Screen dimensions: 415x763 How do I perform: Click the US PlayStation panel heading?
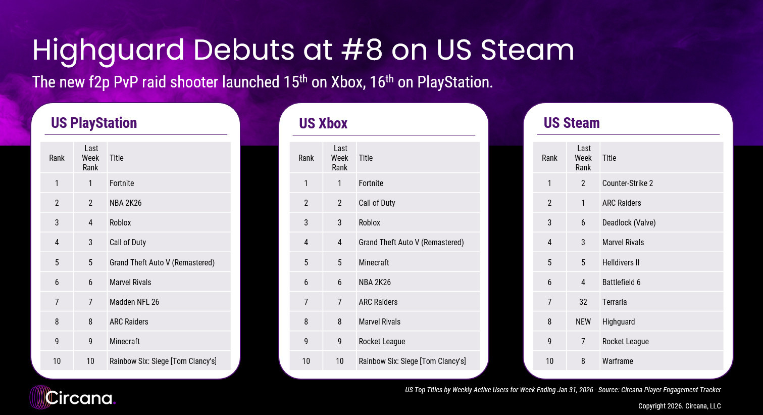94,123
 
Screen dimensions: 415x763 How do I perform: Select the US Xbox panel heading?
323,123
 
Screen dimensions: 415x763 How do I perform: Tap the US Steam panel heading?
572,123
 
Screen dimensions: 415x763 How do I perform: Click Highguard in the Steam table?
619,321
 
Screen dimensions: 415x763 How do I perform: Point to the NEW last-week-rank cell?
583,321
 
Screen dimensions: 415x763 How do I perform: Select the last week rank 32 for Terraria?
583,302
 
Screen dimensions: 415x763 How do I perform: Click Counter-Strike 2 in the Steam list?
627,183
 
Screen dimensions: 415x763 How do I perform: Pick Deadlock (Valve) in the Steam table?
629,222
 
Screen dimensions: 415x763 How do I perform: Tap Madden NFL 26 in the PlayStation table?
134,302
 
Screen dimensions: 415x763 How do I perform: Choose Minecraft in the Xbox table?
374,262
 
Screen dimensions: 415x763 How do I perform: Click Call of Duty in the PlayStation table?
128,242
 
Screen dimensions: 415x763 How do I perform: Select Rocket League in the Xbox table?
382,341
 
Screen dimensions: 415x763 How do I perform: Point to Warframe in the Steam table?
618,361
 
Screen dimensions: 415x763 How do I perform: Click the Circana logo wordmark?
79,398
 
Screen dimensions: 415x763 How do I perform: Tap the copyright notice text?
679,406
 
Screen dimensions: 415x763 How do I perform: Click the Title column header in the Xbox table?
366,158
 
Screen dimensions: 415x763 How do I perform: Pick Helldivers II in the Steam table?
621,262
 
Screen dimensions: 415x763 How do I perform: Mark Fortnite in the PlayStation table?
122,183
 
